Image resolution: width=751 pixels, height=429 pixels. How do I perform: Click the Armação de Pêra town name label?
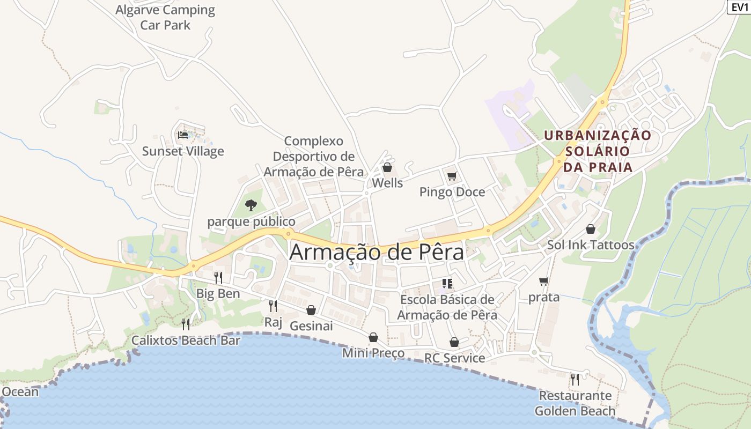[377, 252]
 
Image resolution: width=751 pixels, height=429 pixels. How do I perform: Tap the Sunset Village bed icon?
[183, 135]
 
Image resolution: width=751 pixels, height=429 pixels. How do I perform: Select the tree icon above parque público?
[251, 205]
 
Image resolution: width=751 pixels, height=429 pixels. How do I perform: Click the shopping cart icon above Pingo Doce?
[452, 176]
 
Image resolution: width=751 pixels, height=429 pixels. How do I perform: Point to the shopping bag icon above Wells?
[387, 167]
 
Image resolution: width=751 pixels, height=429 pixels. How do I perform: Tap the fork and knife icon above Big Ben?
[218, 277]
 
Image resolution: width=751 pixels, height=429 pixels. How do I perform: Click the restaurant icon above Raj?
[273, 306]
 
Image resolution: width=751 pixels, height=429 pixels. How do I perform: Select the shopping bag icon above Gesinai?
[311, 310]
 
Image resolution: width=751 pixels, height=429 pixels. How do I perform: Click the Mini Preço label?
[373, 353]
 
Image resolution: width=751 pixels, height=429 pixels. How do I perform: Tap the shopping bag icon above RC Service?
[454, 342]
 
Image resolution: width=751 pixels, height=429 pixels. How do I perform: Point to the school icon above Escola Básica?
[447, 283]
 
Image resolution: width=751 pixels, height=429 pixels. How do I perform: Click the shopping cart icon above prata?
[544, 281]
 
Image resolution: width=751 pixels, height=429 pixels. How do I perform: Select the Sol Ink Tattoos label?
[591, 245]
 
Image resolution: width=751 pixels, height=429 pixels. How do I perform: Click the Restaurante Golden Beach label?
[575, 403]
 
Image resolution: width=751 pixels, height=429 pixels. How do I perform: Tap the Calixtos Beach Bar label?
[186, 341]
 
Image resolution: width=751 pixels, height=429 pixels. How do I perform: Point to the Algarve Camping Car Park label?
[165, 17]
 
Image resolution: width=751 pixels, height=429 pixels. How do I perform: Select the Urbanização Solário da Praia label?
[598, 151]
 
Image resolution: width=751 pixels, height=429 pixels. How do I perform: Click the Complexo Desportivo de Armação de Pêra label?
[314, 157]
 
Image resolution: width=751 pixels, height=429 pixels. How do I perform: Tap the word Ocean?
[20, 391]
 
